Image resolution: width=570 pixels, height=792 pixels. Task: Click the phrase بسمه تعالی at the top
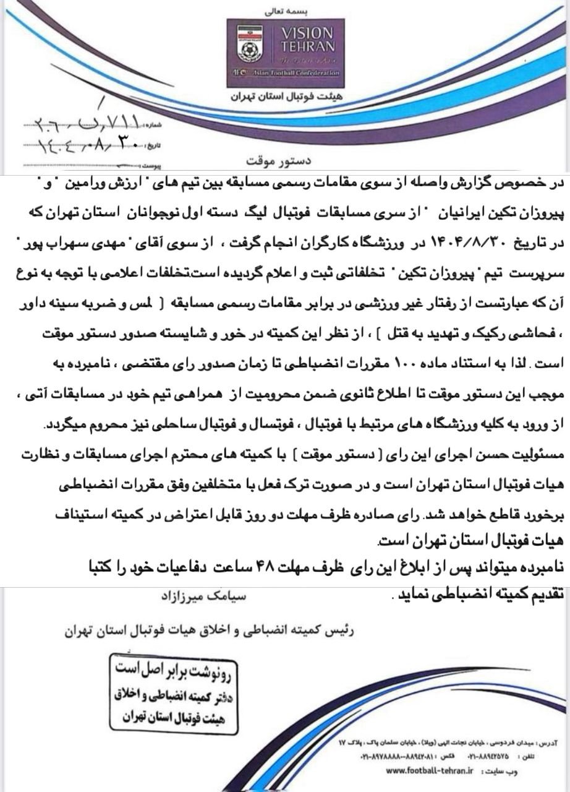[x=286, y=11]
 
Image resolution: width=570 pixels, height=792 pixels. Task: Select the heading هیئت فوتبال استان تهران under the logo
[x=286, y=98]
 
